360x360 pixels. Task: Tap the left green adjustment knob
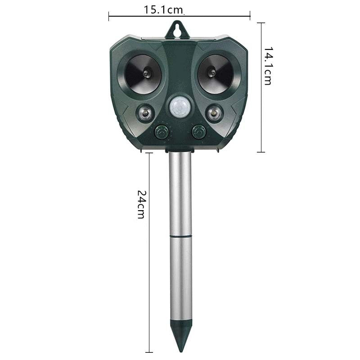161,132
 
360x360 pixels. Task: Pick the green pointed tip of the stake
180,335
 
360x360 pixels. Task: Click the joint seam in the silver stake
180,235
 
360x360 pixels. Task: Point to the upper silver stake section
180,193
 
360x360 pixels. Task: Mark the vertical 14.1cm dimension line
261,112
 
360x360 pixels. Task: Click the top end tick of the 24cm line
149,153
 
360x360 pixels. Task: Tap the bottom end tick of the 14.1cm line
261,152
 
